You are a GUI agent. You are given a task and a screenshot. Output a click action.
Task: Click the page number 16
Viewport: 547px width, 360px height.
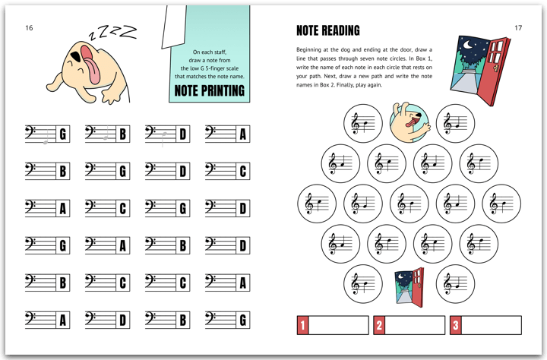coord(29,28)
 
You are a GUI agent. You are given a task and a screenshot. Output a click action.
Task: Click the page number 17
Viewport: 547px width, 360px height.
coord(518,28)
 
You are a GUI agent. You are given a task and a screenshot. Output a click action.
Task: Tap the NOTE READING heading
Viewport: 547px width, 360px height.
coord(328,30)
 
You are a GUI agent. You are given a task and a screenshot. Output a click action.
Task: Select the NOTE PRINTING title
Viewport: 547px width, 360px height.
coord(210,90)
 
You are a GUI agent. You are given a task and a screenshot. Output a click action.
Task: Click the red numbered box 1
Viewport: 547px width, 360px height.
coord(302,325)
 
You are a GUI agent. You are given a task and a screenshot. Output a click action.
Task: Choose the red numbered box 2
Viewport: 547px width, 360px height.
coord(379,325)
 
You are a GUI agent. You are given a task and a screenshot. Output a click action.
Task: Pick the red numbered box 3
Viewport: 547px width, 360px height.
coord(455,325)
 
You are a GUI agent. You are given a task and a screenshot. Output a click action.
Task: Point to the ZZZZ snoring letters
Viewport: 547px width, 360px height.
coord(112,32)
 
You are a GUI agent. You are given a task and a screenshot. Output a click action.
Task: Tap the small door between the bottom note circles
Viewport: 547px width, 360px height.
coord(409,287)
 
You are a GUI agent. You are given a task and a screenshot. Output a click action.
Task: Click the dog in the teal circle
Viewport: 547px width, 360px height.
coord(409,122)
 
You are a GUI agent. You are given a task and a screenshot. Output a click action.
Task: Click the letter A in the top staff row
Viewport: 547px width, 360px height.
coord(243,134)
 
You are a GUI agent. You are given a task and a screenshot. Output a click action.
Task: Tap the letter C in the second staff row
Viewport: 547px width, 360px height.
coord(243,172)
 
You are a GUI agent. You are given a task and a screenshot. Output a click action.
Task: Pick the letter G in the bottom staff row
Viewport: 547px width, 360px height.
coord(243,321)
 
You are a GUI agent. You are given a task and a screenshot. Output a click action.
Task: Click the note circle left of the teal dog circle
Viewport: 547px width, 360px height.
coord(363,124)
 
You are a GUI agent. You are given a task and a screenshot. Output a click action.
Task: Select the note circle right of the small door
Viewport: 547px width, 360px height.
coord(455,283)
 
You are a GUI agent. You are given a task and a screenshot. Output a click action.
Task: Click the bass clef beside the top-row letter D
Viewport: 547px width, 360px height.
coord(150,132)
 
